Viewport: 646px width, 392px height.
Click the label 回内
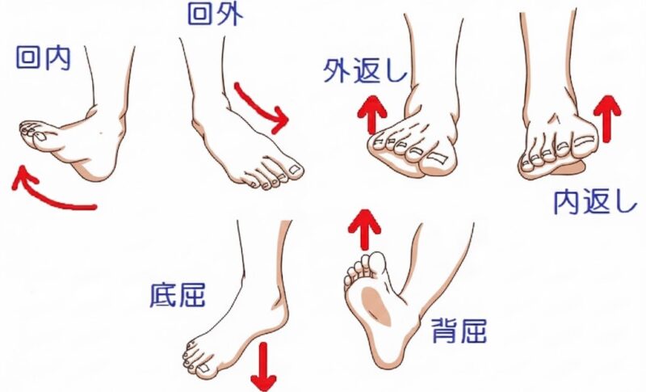(x=44, y=57)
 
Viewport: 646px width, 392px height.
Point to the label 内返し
(x=594, y=201)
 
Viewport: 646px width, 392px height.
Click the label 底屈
(x=178, y=295)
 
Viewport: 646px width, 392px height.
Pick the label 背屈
(x=459, y=331)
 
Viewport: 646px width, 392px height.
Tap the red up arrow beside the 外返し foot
(x=372, y=115)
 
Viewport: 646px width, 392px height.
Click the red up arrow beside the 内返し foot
(x=607, y=119)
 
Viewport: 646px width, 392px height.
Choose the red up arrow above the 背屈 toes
(x=364, y=230)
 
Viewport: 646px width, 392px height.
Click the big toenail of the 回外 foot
(x=295, y=169)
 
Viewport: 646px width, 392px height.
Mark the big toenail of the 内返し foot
(x=583, y=141)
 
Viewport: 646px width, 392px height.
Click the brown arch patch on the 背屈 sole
(x=376, y=305)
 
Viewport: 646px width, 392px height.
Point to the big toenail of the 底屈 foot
(x=203, y=368)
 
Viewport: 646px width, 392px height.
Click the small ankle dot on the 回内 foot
(x=102, y=133)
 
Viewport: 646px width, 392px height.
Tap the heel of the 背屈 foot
(x=389, y=350)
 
